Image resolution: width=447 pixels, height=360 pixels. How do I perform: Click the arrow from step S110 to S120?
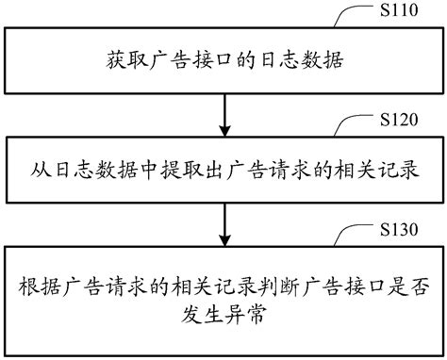pos(223,111)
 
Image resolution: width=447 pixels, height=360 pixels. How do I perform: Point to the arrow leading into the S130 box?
pos(223,222)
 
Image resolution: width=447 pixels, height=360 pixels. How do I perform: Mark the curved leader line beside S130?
pos(360,233)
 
